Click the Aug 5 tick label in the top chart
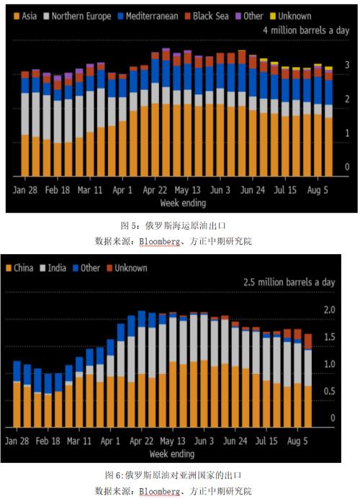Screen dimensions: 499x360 coord(318,190)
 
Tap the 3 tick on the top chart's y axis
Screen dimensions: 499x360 coord(346,65)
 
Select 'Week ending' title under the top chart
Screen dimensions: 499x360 coord(173,203)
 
